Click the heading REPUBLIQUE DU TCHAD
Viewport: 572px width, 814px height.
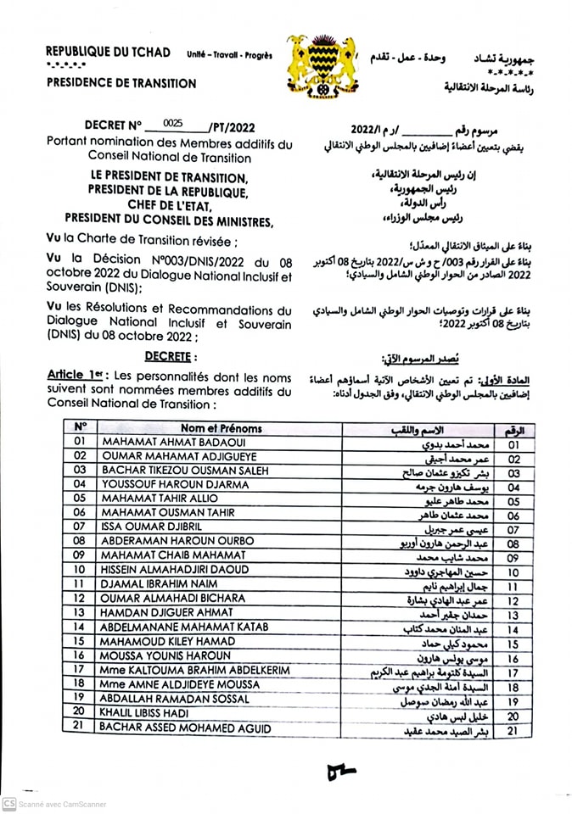pos(108,53)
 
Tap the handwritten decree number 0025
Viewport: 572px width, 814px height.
pos(173,123)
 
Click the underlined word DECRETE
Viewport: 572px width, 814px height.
pos(171,358)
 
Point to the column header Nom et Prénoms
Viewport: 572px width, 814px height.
pos(221,428)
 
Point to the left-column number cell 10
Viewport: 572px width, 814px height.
pos(80,569)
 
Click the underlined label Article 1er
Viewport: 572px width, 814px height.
pos(71,375)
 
